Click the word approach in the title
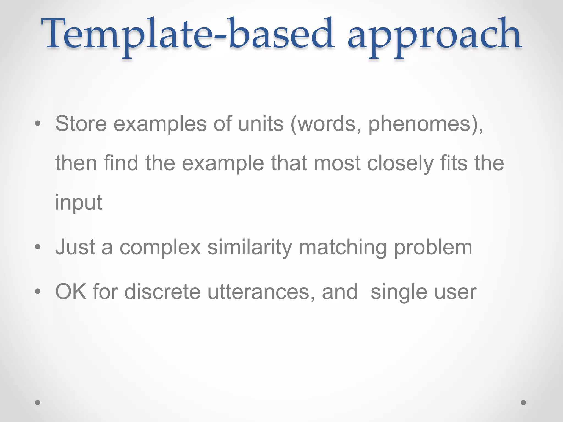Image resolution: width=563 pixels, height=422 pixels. point(434,36)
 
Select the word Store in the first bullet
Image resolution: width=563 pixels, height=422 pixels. point(81,124)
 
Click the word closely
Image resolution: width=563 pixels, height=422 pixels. point(400,163)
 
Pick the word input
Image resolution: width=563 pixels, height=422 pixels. point(79,203)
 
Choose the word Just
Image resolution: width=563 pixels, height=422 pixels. point(75,247)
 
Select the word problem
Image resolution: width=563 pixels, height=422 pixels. point(433,248)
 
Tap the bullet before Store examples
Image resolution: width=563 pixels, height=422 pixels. point(38,124)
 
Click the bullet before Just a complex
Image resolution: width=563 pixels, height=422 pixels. point(38,247)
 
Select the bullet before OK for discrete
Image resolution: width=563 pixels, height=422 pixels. point(38,291)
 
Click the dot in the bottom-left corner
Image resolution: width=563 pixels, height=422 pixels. point(38,402)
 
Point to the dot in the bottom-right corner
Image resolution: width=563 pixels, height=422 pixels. point(523,402)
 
